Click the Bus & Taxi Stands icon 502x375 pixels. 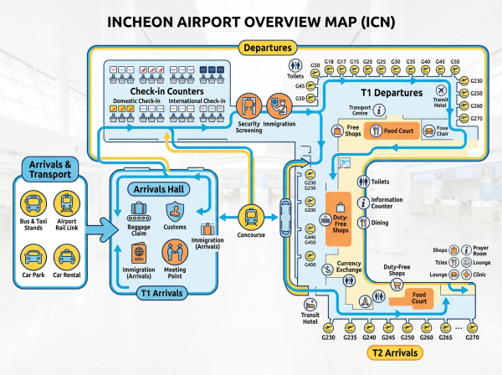[32, 203]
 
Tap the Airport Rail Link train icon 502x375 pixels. [67, 203]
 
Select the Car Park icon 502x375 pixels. [32, 256]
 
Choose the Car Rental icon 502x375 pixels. [67, 256]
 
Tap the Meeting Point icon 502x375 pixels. [175, 250]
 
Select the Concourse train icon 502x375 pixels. [250, 218]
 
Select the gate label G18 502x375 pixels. [330, 61]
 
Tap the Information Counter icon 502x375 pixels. [363, 203]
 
